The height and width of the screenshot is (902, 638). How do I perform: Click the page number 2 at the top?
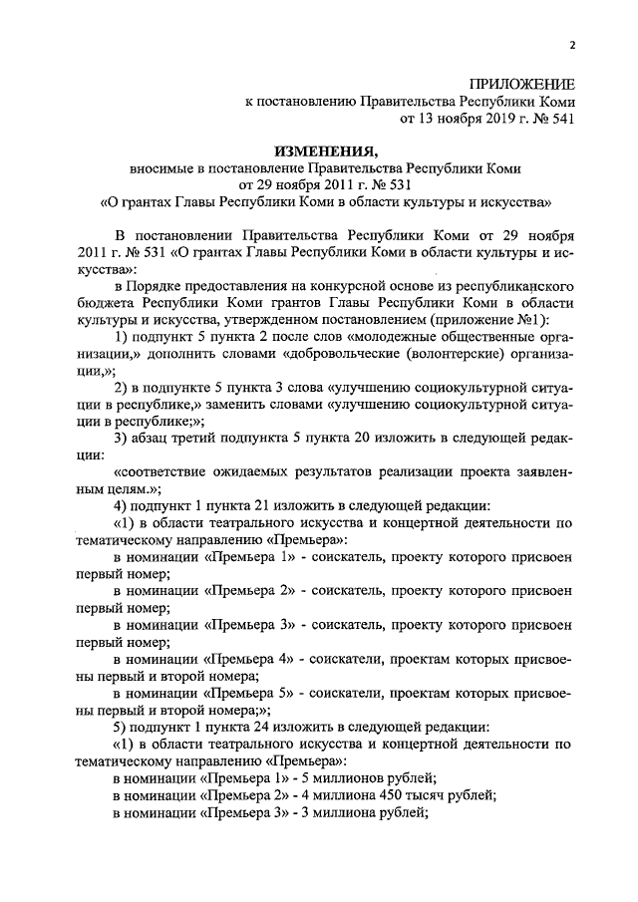pyautogui.click(x=572, y=45)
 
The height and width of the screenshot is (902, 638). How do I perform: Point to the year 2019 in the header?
pyautogui.click(x=483, y=118)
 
